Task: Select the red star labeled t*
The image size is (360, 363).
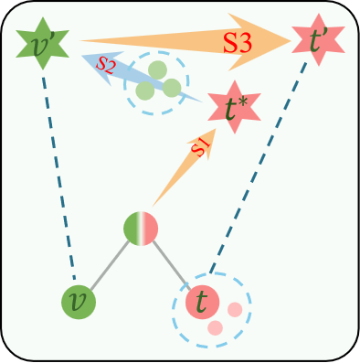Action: pos(234,108)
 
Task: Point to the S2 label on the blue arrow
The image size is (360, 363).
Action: pos(106,65)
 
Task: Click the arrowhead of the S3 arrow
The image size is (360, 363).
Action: pos(274,39)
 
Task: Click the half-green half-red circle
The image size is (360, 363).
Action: pos(141,229)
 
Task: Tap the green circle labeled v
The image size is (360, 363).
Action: pos(79,301)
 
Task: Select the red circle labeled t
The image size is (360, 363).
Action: pos(202,300)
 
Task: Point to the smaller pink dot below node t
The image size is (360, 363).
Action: pos(216,327)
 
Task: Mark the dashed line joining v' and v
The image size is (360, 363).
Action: pos(60,174)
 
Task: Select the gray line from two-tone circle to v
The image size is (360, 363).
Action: pos(109,265)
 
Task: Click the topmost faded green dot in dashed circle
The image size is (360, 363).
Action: pos(158,69)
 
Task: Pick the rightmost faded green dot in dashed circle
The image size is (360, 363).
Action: pos(171,87)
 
